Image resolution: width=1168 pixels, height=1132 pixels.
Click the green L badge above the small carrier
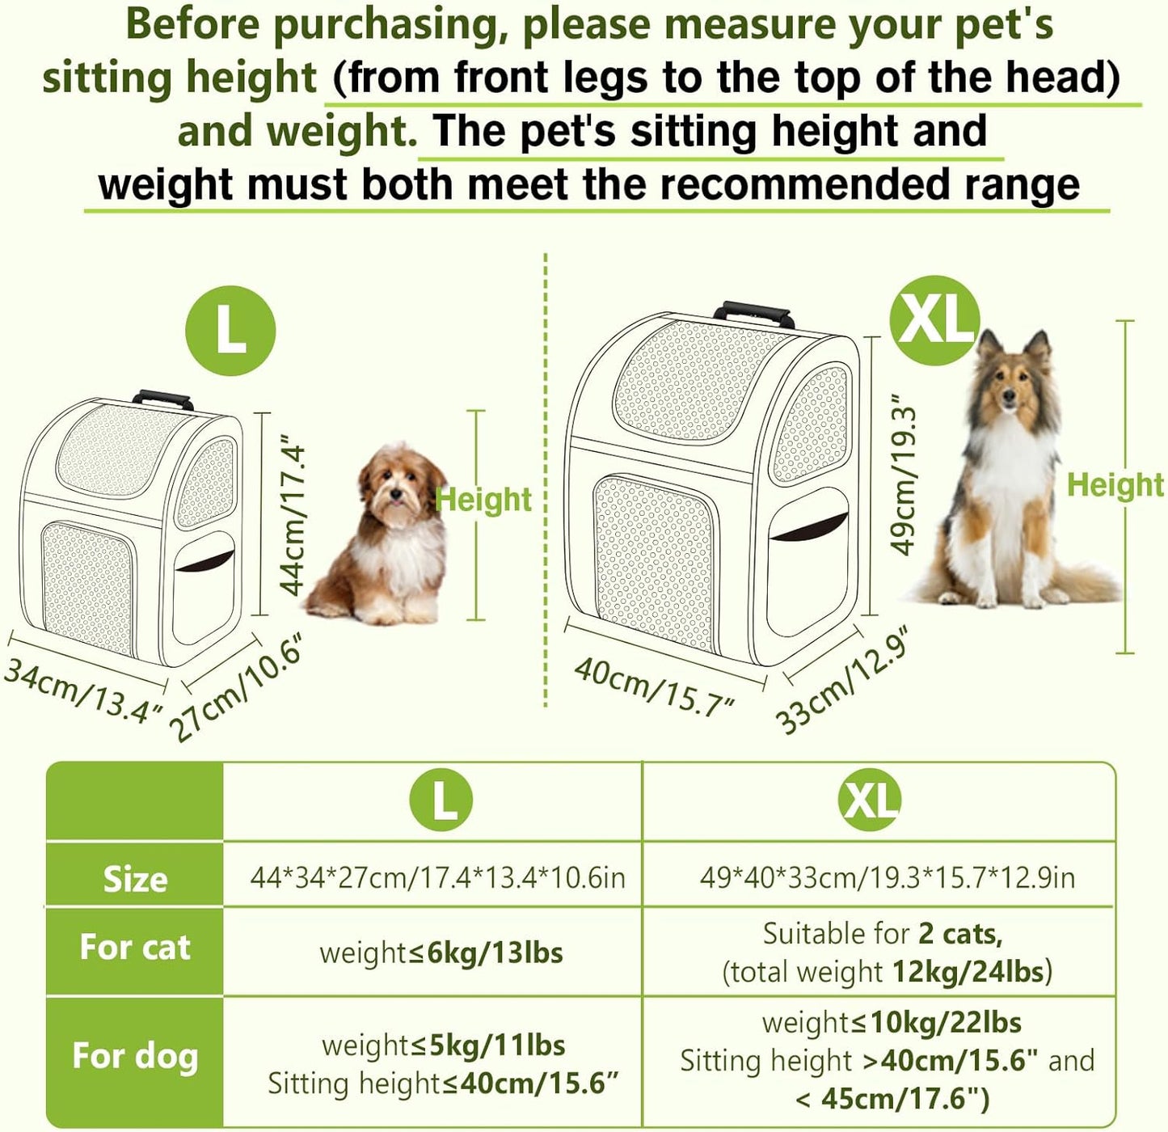coord(230,331)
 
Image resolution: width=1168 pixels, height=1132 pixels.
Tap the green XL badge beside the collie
coord(934,320)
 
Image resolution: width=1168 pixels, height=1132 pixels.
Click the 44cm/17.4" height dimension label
coord(293,518)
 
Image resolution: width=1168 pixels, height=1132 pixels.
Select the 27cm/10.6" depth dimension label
coord(238,688)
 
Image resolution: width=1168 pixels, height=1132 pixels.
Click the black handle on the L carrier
coord(162,399)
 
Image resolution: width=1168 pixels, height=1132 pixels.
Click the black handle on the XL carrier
coord(753,312)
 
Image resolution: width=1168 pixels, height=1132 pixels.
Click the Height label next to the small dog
coord(483,500)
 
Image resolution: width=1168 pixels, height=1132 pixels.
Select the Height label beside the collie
coord(1115,485)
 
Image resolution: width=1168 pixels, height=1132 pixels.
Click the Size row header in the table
coord(135,879)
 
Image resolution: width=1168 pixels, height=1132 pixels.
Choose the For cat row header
coord(135,947)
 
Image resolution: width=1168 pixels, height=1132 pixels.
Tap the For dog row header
coord(135,1055)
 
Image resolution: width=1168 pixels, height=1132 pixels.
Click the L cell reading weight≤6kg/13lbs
coord(441,952)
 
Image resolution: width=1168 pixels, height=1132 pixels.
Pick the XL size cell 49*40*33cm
coord(887,877)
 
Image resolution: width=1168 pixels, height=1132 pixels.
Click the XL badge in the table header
coord(870,800)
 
